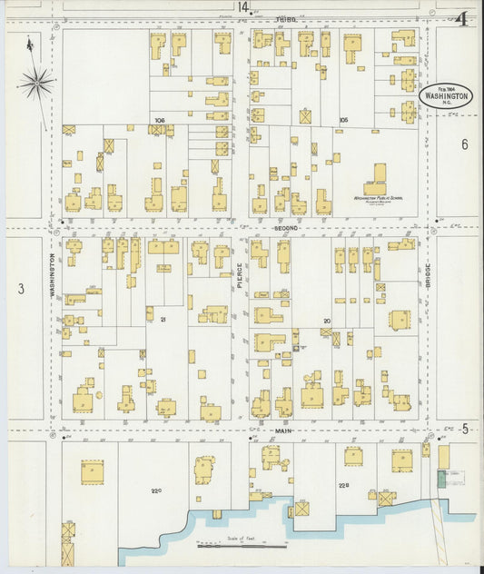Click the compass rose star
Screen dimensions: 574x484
coord(36,84)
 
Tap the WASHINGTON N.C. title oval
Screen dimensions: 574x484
coord(445,94)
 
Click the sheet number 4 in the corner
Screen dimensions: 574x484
coord(462,18)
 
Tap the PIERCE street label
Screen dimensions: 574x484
coord(241,276)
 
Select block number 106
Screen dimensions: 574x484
coord(160,120)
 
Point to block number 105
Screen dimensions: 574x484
coord(343,120)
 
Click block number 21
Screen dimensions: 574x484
coord(163,320)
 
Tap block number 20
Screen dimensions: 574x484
coord(326,320)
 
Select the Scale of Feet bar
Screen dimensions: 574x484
coord(242,545)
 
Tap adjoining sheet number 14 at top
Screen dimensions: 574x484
coord(242,7)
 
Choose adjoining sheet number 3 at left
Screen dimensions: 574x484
coord(21,290)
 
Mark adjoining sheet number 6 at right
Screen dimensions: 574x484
coord(464,144)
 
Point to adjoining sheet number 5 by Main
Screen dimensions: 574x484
coord(464,429)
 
